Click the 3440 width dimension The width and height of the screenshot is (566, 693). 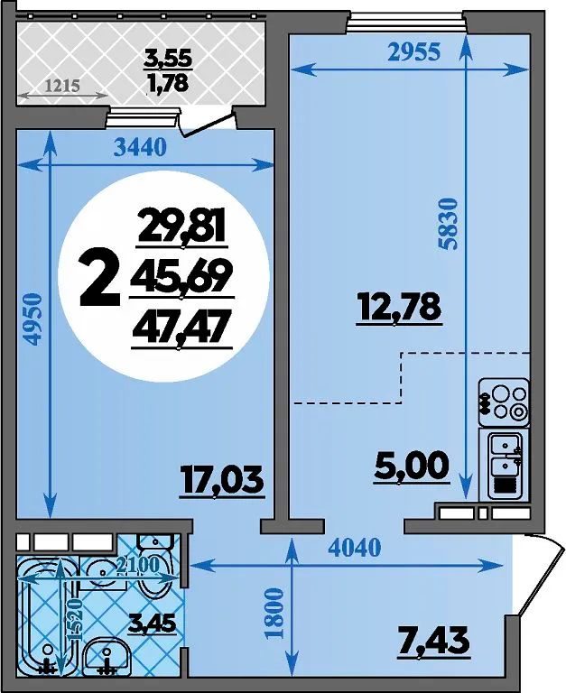coord(140,148)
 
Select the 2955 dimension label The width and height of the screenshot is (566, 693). coord(414,51)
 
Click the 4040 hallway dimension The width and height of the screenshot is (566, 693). coord(355,548)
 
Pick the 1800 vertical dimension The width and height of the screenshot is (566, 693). coord(274,613)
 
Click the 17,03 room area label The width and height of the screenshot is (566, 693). coord(221,481)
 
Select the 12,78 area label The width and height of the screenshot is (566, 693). coord(399,308)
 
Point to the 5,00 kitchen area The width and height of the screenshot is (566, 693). coord(412,467)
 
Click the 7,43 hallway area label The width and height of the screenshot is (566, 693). coord(433,642)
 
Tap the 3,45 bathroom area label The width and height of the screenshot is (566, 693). coord(153,624)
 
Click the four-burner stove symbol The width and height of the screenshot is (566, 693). coord(505,402)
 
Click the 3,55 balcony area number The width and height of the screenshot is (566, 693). coord(169,59)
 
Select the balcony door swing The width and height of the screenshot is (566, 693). coord(207,123)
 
